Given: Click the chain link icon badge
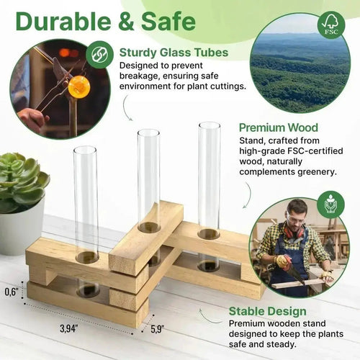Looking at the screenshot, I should point(99,54).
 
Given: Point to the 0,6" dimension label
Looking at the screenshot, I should point(12,292).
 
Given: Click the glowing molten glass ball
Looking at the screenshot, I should point(78,87).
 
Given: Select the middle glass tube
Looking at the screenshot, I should point(149,180).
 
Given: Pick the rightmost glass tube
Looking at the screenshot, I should point(210,176).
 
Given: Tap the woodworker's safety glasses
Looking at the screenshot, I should point(297,215).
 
